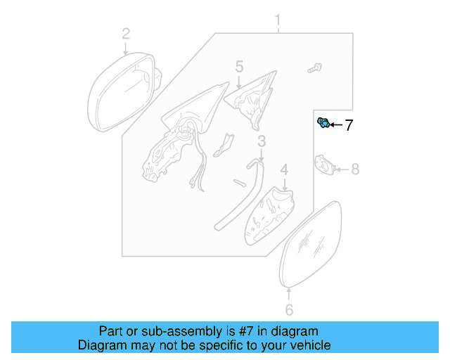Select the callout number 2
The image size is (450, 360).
(x=126, y=33)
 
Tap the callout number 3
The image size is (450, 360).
(x=262, y=143)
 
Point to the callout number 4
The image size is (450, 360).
(x=284, y=170)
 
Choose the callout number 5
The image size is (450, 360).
(x=239, y=67)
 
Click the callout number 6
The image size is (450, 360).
(x=288, y=310)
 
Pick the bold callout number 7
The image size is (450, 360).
(x=349, y=126)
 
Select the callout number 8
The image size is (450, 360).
(x=355, y=169)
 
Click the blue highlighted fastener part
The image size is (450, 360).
(x=323, y=124)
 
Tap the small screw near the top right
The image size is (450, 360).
(x=314, y=69)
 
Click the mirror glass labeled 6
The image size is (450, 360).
(x=310, y=243)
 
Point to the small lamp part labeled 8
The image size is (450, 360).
(x=324, y=166)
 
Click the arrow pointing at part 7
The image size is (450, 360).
(x=335, y=125)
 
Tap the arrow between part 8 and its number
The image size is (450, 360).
(x=341, y=169)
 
